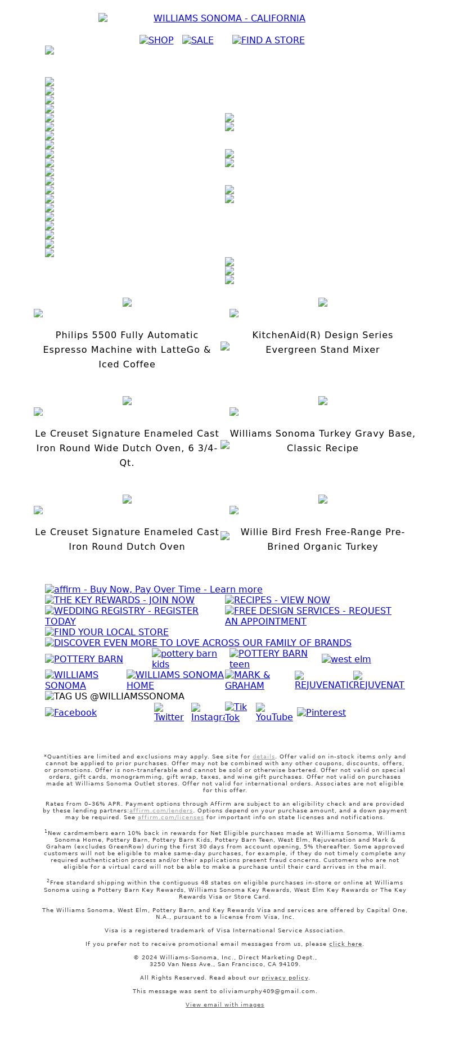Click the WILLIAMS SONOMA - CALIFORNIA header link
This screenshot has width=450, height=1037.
click(229, 19)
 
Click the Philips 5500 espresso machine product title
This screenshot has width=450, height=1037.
click(127, 349)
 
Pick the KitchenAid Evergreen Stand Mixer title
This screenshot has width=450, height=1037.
click(322, 342)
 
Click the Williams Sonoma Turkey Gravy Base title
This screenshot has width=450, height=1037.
click(322, 441)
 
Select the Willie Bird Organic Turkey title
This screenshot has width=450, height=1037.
click(322, 539)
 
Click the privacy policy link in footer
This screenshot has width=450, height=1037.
click(285, 977)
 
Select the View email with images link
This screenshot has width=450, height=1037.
click(224, 1004)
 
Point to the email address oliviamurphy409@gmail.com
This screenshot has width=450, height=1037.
click(267, 991)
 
